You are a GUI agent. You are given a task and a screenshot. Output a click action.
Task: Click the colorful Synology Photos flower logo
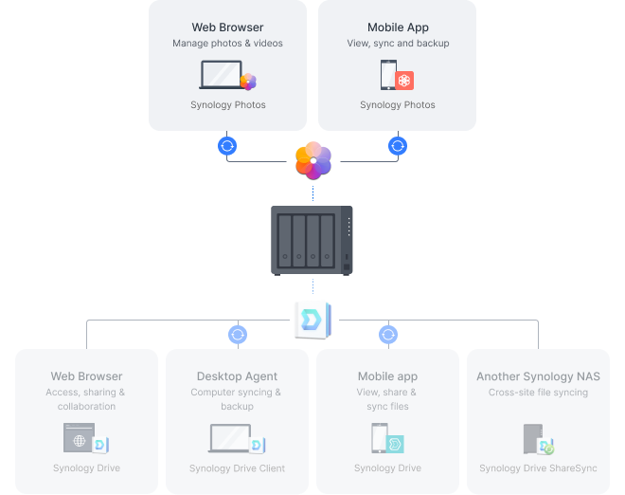(x=312, y=159)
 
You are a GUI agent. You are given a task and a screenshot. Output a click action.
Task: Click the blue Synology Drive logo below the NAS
(x=312, y=320)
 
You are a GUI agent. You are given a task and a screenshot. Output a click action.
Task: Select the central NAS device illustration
(x=312, y=240)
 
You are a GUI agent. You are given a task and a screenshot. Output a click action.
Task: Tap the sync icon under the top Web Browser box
(x=227, y=146)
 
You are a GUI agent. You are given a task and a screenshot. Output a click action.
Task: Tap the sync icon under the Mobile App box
(x=398, y=146)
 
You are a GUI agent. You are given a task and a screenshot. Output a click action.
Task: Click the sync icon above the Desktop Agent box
(x=238, y=335)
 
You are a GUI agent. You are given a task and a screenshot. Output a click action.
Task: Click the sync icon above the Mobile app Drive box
(x=388, y=335)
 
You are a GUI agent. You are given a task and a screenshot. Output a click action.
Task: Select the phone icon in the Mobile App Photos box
(x=388, y=75)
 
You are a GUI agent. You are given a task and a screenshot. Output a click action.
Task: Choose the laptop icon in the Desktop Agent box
(x=230, y=438)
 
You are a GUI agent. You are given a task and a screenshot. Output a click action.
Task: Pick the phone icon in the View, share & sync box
(x=380, y=438)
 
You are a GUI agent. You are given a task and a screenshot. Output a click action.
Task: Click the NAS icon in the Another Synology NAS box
(x=532, y=439)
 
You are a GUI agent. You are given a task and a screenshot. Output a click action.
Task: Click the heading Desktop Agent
(x=237, y=376)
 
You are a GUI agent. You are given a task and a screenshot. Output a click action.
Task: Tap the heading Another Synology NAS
(x=538, y=376)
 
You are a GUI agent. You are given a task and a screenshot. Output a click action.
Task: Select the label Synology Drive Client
(x=237, y=468)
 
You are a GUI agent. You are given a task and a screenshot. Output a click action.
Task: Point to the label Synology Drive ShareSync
(x=538, y=468)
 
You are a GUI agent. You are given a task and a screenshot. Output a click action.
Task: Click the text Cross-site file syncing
(x=538, y=393)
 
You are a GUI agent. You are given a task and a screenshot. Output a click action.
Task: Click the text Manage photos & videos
(x=227, y=44)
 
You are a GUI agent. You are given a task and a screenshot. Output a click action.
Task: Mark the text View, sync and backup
(x=398, y=44)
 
